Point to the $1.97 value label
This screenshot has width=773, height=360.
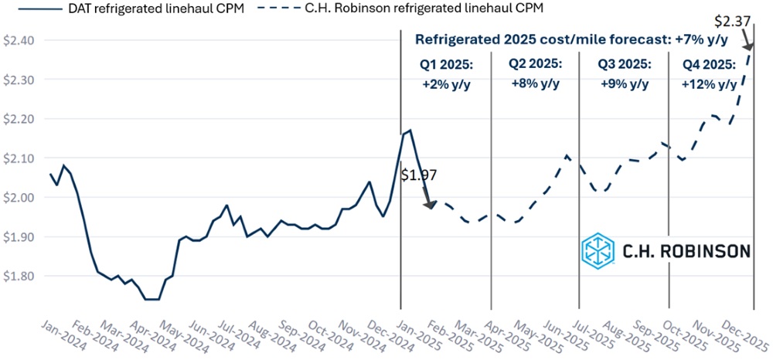pyautogui.click(x=420, y=175)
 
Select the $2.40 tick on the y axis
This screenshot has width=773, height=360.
pyautogui.click(x=18, y=40)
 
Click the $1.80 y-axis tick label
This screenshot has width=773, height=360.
pyautogui.click(x=18, y=276)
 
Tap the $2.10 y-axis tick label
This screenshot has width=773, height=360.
pyautogui.click(x=18, y=158)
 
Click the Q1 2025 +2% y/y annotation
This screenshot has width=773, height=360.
pyautogui.click(x=445, y=74)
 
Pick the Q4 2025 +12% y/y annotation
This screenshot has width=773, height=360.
pyautogui.click(x=710, y=74)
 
